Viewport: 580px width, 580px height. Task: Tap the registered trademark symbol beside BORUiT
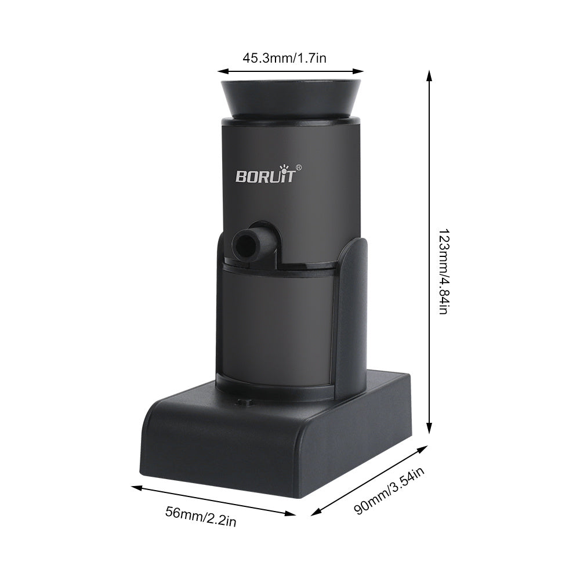(x=298, y=168)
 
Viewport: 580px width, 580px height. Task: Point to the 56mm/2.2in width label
(x=201, y=517)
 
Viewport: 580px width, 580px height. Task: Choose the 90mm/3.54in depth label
(x=390, y=490)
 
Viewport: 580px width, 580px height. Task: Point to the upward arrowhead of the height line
(x=429, y=74)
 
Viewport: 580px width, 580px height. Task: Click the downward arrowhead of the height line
(x=429, y=430)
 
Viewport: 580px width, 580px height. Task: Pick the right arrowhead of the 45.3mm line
(x=360, y=71)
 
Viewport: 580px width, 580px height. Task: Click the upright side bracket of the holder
(x=352, y=319)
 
